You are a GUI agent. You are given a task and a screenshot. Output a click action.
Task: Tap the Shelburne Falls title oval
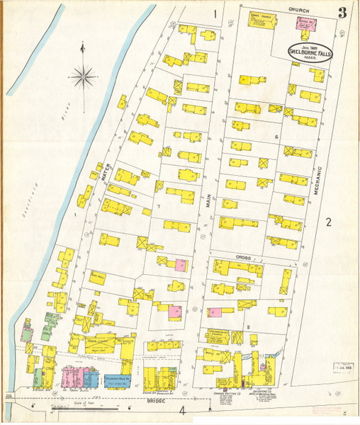tap(310, 53)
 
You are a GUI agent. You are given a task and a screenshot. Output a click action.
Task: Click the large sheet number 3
tap(343, 13)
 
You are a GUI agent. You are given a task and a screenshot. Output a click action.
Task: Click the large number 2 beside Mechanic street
tap(329, 222)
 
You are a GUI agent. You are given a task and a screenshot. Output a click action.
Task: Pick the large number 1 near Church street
tap(213, 13)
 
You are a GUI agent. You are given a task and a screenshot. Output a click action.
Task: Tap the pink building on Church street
tap(304, 23)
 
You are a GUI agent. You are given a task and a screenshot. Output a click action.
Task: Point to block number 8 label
tap(248, 326)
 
